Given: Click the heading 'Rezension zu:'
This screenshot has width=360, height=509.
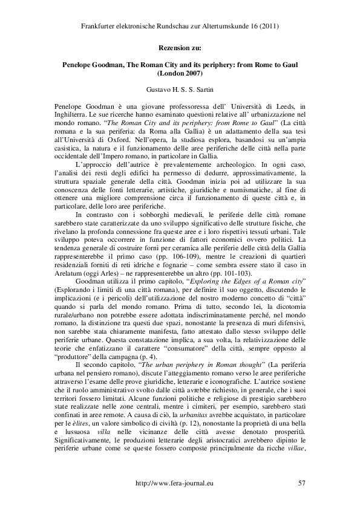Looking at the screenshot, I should point(180,46).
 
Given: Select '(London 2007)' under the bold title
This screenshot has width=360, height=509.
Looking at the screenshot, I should point(180,73).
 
